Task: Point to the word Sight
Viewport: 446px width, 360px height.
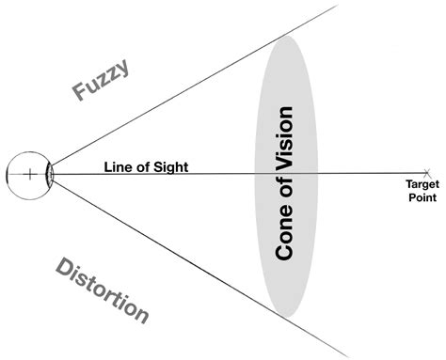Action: coord(170,167)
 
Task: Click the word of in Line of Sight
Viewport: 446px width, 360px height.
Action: coord(143,167)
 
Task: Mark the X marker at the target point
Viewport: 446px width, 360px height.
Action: coord(427,173)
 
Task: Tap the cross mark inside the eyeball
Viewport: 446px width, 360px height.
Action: coord(30,173)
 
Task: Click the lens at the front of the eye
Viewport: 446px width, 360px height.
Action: coord(50,173)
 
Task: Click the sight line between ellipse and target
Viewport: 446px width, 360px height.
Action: coord(367,173)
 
